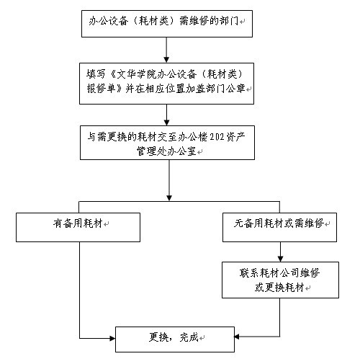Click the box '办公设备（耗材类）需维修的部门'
pyautogui.click(x=166, y=24)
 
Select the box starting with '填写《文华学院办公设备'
pyautogui.click(x=166, y=83)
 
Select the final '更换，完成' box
pyautogui.click(x=175, y=337)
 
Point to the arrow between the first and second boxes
pyautogui.click(x=166, y=50)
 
